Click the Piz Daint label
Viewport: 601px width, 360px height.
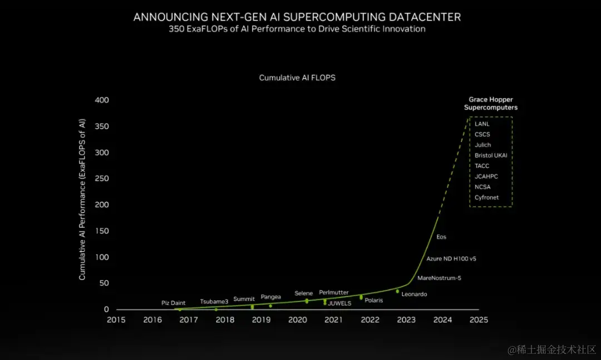point(173,303)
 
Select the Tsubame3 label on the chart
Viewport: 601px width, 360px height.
point(214,302)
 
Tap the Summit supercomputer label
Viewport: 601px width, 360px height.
point(244,299)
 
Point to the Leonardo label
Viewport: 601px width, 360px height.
point(414,294)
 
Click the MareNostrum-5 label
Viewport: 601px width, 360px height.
point(439,278)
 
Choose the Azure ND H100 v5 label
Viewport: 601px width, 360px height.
point(451,259)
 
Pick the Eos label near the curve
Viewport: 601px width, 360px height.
point(441,237)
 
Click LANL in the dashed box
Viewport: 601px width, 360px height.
point(482,124)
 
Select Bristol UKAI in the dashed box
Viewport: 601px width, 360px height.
point(491,155)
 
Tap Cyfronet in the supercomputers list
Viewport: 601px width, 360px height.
point(486,198)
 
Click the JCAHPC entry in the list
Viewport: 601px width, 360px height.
point(486,176)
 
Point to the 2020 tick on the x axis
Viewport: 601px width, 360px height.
point(297,320)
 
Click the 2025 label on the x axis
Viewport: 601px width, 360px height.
point(478,320)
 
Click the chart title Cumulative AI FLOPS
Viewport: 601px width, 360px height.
point(297,78)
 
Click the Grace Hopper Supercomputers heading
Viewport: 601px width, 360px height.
point(491,103)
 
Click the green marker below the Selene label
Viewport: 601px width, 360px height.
point(307,301)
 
